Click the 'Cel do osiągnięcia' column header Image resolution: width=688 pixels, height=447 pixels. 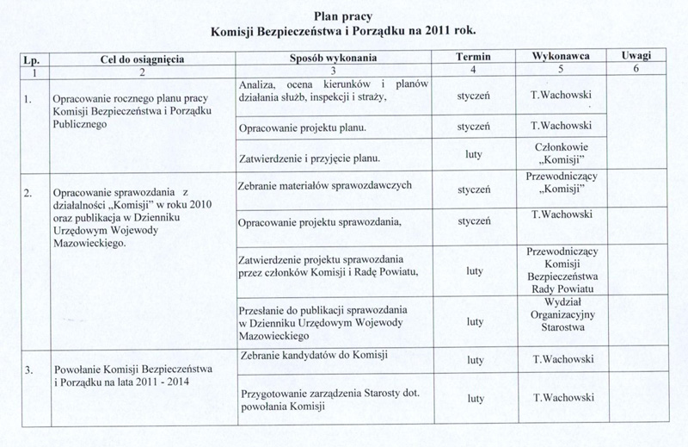tap(136, 58)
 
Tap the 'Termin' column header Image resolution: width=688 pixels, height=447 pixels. tap(473, 57)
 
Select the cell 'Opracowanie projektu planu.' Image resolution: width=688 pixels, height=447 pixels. tap(303, 128)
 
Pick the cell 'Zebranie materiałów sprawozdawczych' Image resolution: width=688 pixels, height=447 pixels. tap(317, 187)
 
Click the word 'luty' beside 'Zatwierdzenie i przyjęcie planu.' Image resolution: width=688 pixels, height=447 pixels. tap(473, 158)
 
